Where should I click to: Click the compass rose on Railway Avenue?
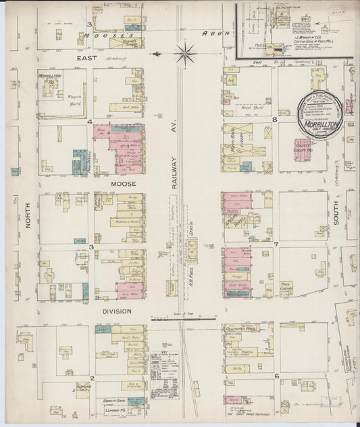[x=184, y=51]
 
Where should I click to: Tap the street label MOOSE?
[x=124, y=183]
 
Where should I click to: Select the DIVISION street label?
[x=117, y=311]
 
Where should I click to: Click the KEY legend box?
[x=162, y=369]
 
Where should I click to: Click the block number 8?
[x=274, y=120]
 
